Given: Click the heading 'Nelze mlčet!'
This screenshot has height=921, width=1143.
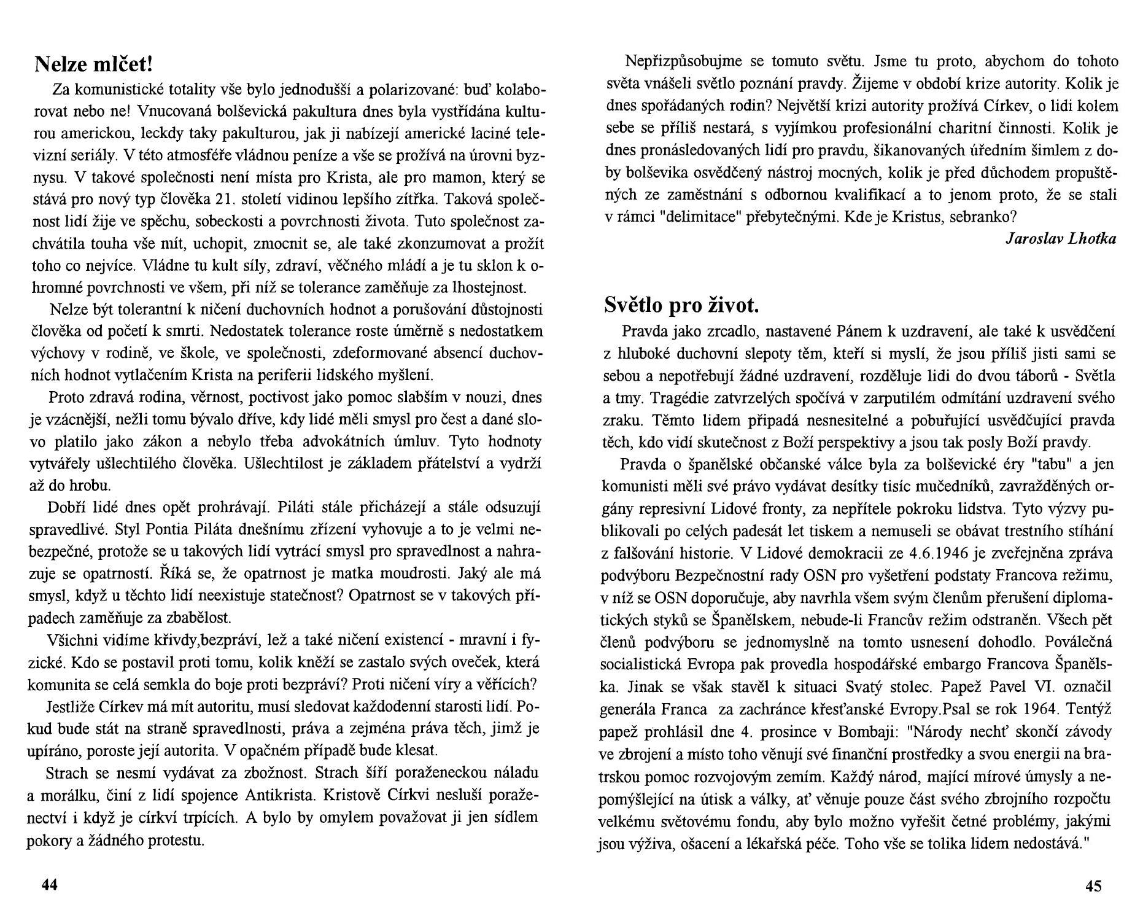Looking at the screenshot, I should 92,63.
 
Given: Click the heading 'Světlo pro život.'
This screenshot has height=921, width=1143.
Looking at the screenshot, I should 681,305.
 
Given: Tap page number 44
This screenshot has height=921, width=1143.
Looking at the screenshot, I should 49,885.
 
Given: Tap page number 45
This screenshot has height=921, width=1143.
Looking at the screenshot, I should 1093,885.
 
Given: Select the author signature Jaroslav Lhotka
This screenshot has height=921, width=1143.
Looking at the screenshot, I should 1061,239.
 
